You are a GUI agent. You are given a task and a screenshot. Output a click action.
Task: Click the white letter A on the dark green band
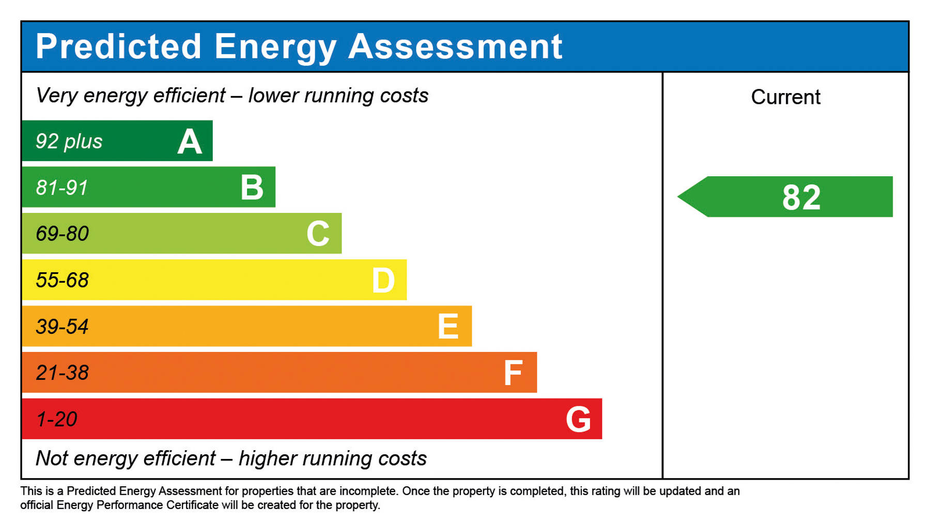coord(190,142)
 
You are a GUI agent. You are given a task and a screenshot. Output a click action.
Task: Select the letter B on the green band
coord(252,187)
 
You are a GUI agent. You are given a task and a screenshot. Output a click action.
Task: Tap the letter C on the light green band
coord(318,234)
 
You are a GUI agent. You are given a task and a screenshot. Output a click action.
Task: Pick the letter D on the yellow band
coord(383,281)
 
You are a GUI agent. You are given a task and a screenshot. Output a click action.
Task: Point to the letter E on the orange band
coord(448,327)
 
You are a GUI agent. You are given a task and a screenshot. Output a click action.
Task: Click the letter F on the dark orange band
coord(513,373)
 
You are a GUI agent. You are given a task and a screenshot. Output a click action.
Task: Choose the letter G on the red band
coord(578,419)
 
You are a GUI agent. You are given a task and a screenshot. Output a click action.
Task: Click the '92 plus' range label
coord(69,142)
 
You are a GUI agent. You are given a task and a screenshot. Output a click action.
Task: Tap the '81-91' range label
coord(62,188)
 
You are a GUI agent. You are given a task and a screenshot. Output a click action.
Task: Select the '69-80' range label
coord(62,234)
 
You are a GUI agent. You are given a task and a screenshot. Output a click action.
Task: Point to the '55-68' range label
coord(62,280)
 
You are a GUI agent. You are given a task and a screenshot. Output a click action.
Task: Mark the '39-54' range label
coord(62,327)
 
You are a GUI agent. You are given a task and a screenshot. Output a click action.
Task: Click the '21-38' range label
coord(62,373)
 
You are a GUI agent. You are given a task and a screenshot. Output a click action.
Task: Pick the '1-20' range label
coord(56,419)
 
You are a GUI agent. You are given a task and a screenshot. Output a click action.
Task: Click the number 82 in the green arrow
coord(801,197)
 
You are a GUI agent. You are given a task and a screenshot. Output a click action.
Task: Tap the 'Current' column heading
coord(785,97)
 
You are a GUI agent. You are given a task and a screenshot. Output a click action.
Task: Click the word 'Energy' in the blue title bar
coord(275,48)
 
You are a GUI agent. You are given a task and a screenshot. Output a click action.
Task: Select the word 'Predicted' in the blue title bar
coord(118,47)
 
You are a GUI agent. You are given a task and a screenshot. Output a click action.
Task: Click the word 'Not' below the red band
coord(52,458)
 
